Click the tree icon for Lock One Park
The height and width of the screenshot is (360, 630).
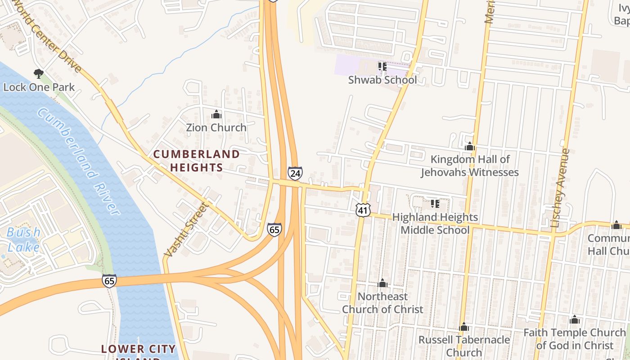click(x=39, y=73)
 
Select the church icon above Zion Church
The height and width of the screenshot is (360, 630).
click(x=216, y=114)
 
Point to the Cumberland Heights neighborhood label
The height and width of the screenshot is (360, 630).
click(x=197, y=161)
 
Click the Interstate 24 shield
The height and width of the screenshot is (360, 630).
click(x=295, y=173)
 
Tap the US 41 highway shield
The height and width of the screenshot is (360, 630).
click(x=363, y=209)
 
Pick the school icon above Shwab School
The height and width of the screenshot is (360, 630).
click(x=382, y=67)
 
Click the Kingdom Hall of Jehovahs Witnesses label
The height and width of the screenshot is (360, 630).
click(x=470, y=166)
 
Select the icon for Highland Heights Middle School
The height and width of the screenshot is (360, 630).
click(x=435, y=204)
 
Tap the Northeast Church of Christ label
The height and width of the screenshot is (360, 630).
click(x=382, y=303)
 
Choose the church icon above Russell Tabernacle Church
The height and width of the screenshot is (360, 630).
click(x=464, y=327)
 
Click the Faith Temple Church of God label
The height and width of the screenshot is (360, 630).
click(x=575, y=339)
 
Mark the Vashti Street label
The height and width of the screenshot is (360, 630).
click(x=186, y=230)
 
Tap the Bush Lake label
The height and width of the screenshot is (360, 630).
click(x=23, y=239)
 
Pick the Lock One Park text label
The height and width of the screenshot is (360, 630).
click(x=39, y=87)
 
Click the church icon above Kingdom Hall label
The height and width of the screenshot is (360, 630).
click(x=470, y=147)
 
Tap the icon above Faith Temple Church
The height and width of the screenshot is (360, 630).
click(x=575, y=320)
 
